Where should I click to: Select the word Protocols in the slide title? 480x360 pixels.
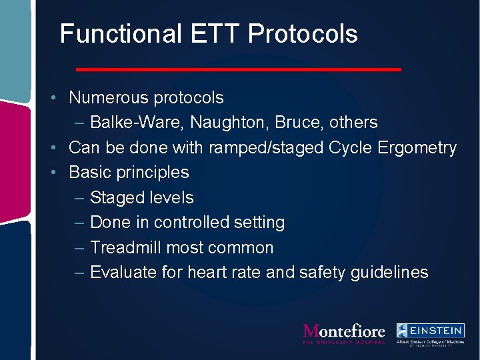pos(303,33)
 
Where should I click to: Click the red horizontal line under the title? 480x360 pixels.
pos(239,69)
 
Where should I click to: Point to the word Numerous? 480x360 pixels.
pos(109,98)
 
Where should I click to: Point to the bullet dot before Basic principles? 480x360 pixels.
pos(59,173)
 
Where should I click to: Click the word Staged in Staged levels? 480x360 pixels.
pos(115,198)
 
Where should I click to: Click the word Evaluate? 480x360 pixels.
pos(122,273)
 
